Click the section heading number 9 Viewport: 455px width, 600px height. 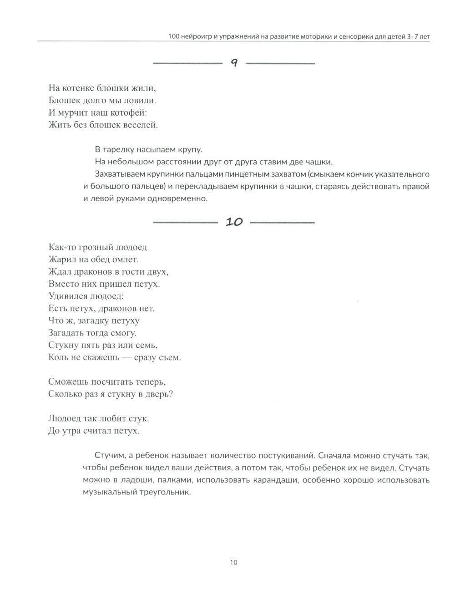[233, 63]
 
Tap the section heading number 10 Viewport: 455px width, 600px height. [234, 222]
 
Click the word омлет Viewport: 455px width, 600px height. [124, 259]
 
